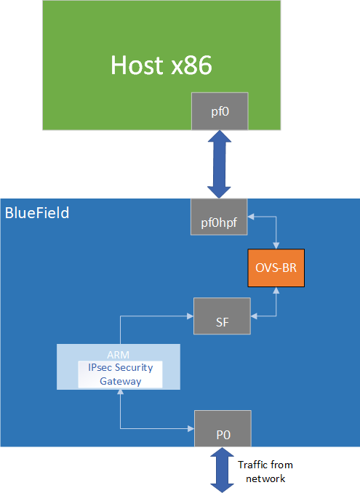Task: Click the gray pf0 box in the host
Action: (x=220, y=111)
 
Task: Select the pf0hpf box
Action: (x=220, y=216)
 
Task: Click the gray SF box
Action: (x=222, y=316)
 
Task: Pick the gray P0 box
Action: (x=223, y=428)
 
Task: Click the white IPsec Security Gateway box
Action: (x=120, y=374)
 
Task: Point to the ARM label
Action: (x=120, y=353)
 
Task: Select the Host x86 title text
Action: (x=161, y=65)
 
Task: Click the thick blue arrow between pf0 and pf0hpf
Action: (x=220, y=164)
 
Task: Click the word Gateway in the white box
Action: (x=120, y=381)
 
